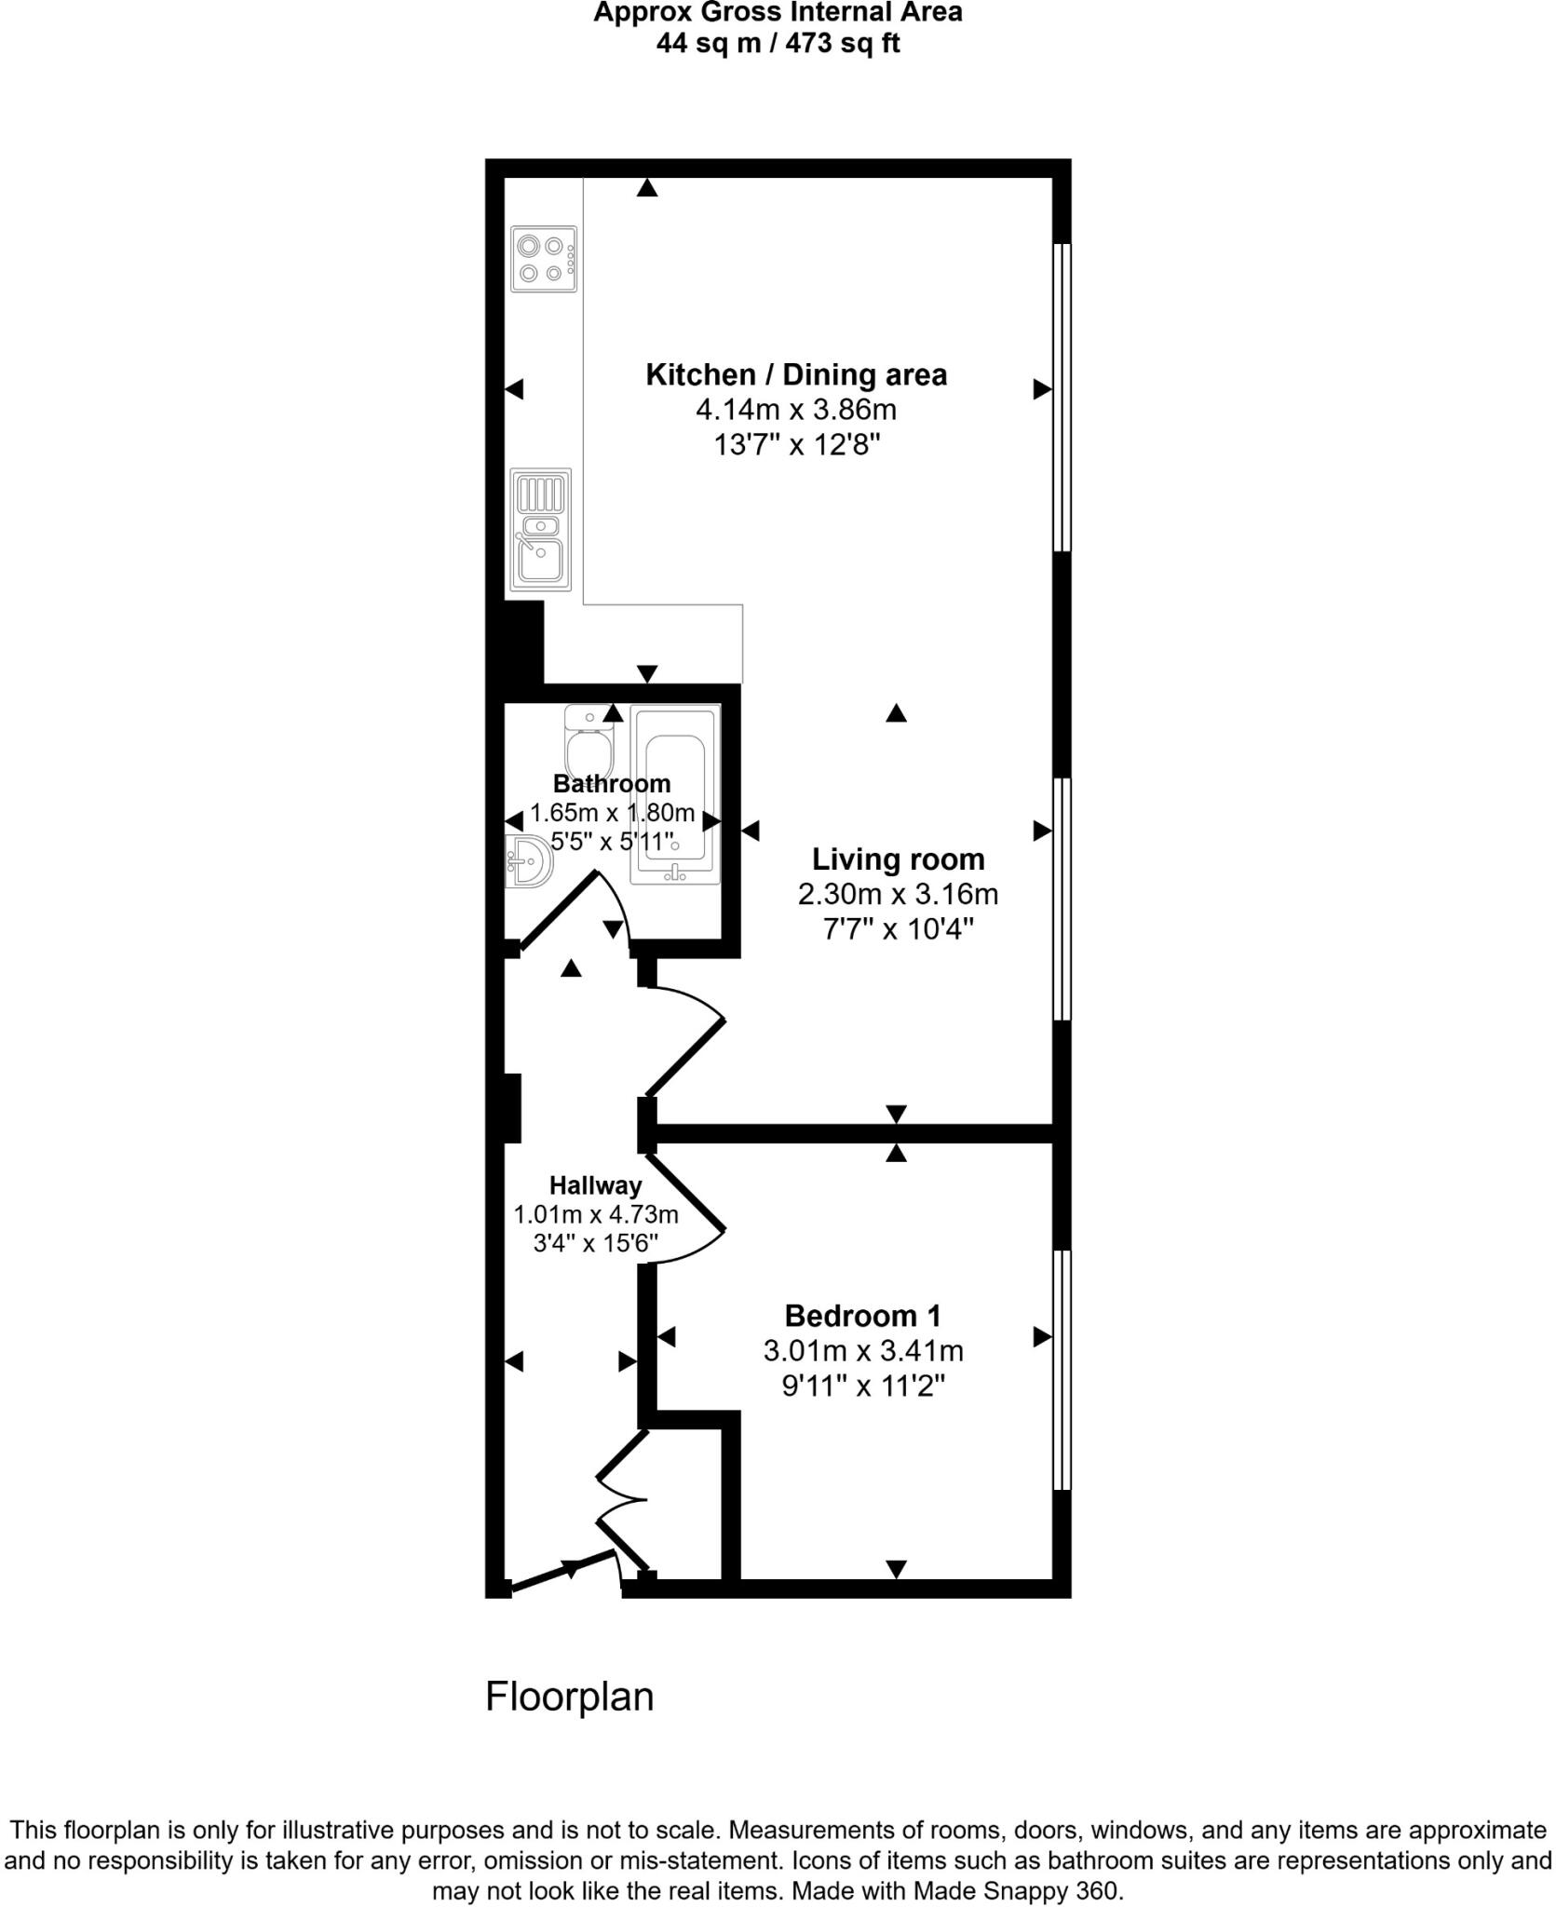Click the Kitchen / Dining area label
tap(796, 375)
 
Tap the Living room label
tap(898, 859)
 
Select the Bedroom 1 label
tap(862, 1316)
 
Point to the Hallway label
tap(595, 1185)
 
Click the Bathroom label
tap(612, 783)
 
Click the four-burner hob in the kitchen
tap(544, 259)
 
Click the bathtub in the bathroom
tap(675, 793)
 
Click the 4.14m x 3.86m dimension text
tap(796, 410)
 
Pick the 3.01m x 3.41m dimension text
tap(862, 1350)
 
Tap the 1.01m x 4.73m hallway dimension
tap(595, 1214)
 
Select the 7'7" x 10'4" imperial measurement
tap(898, 928)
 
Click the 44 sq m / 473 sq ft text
tap(778, 44)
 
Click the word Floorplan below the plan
tap(569, 1697)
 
